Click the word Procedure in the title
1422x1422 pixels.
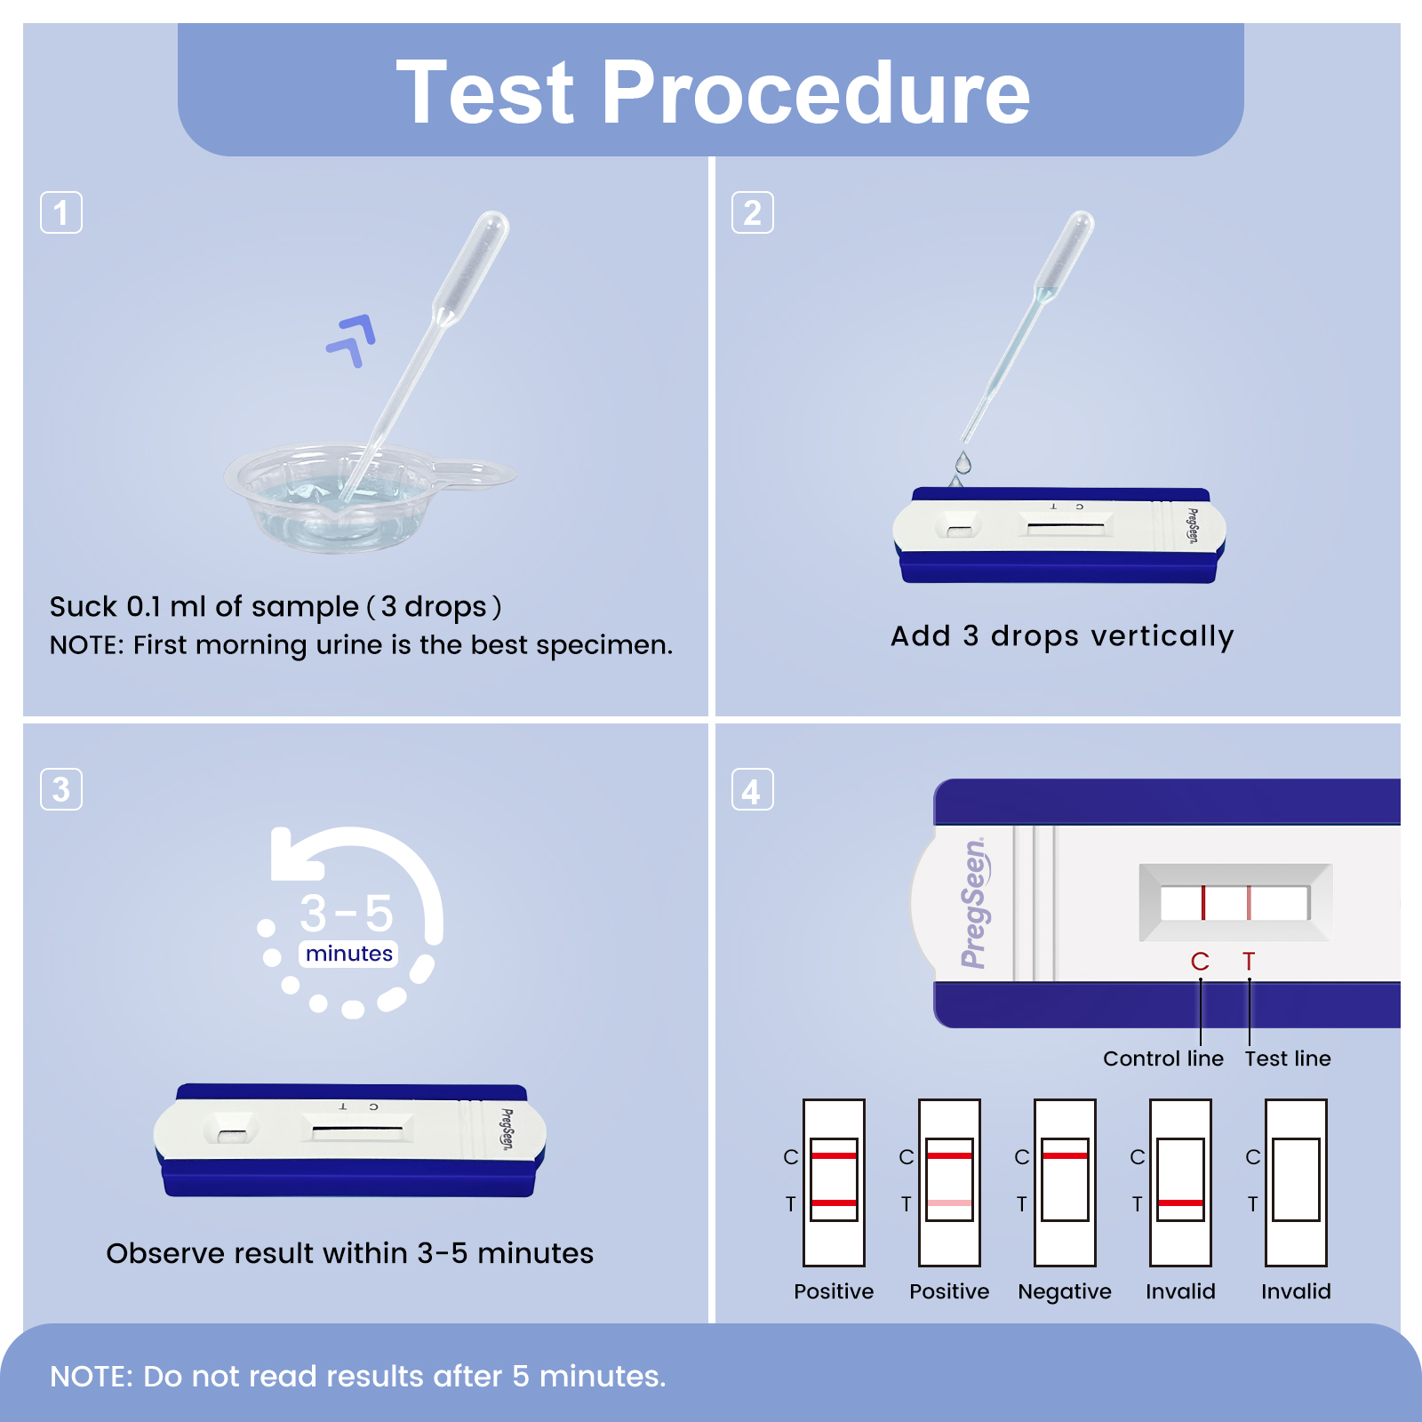pyautogui.click(x=815, y=92)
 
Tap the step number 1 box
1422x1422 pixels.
pyautogui.click(x=61, y=212)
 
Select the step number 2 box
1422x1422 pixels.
pyautogui.click(x=752, y=212)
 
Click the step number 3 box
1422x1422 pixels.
pyautogui.click(x=61, y=789)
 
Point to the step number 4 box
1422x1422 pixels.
pyautogui.click(x=752, y=790)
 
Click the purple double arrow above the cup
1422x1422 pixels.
pyautogui.click(x=353, y=340)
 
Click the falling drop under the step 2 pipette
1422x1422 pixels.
pyautogui.click(x=963, y=462)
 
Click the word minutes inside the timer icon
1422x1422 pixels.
pyautogui.click(x=348, y=954)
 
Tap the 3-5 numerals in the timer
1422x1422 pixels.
pyautogui.click(x=346, y=913)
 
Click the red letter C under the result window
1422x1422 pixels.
pyautogui.click(x=1200, y=962)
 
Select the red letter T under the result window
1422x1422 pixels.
pyautogui.click(x=1249, y=962)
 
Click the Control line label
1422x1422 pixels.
pyautogui.click(x=1162, y=1059)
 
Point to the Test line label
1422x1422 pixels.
pyautogui.click(x=1287, y=1059)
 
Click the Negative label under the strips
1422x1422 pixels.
pyautogui.click(x=1064, y=1291)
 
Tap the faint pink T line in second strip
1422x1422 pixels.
pyautogui.click(x=949, y=1202)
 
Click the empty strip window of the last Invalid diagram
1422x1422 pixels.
pyautogui.click(x=1296, y=1179)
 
